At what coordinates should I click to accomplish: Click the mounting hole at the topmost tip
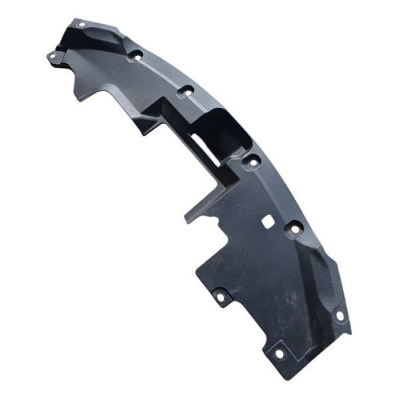(x=81, y=25)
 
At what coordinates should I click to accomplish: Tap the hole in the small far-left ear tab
(x=53, y=57)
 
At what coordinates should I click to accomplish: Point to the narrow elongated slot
(x=207, y=148)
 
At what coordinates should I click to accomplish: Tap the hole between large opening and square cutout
(x=252, y=161)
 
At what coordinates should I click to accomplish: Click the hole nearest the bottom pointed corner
(x=279, y=353)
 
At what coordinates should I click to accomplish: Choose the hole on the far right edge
(x=340, y=315)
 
